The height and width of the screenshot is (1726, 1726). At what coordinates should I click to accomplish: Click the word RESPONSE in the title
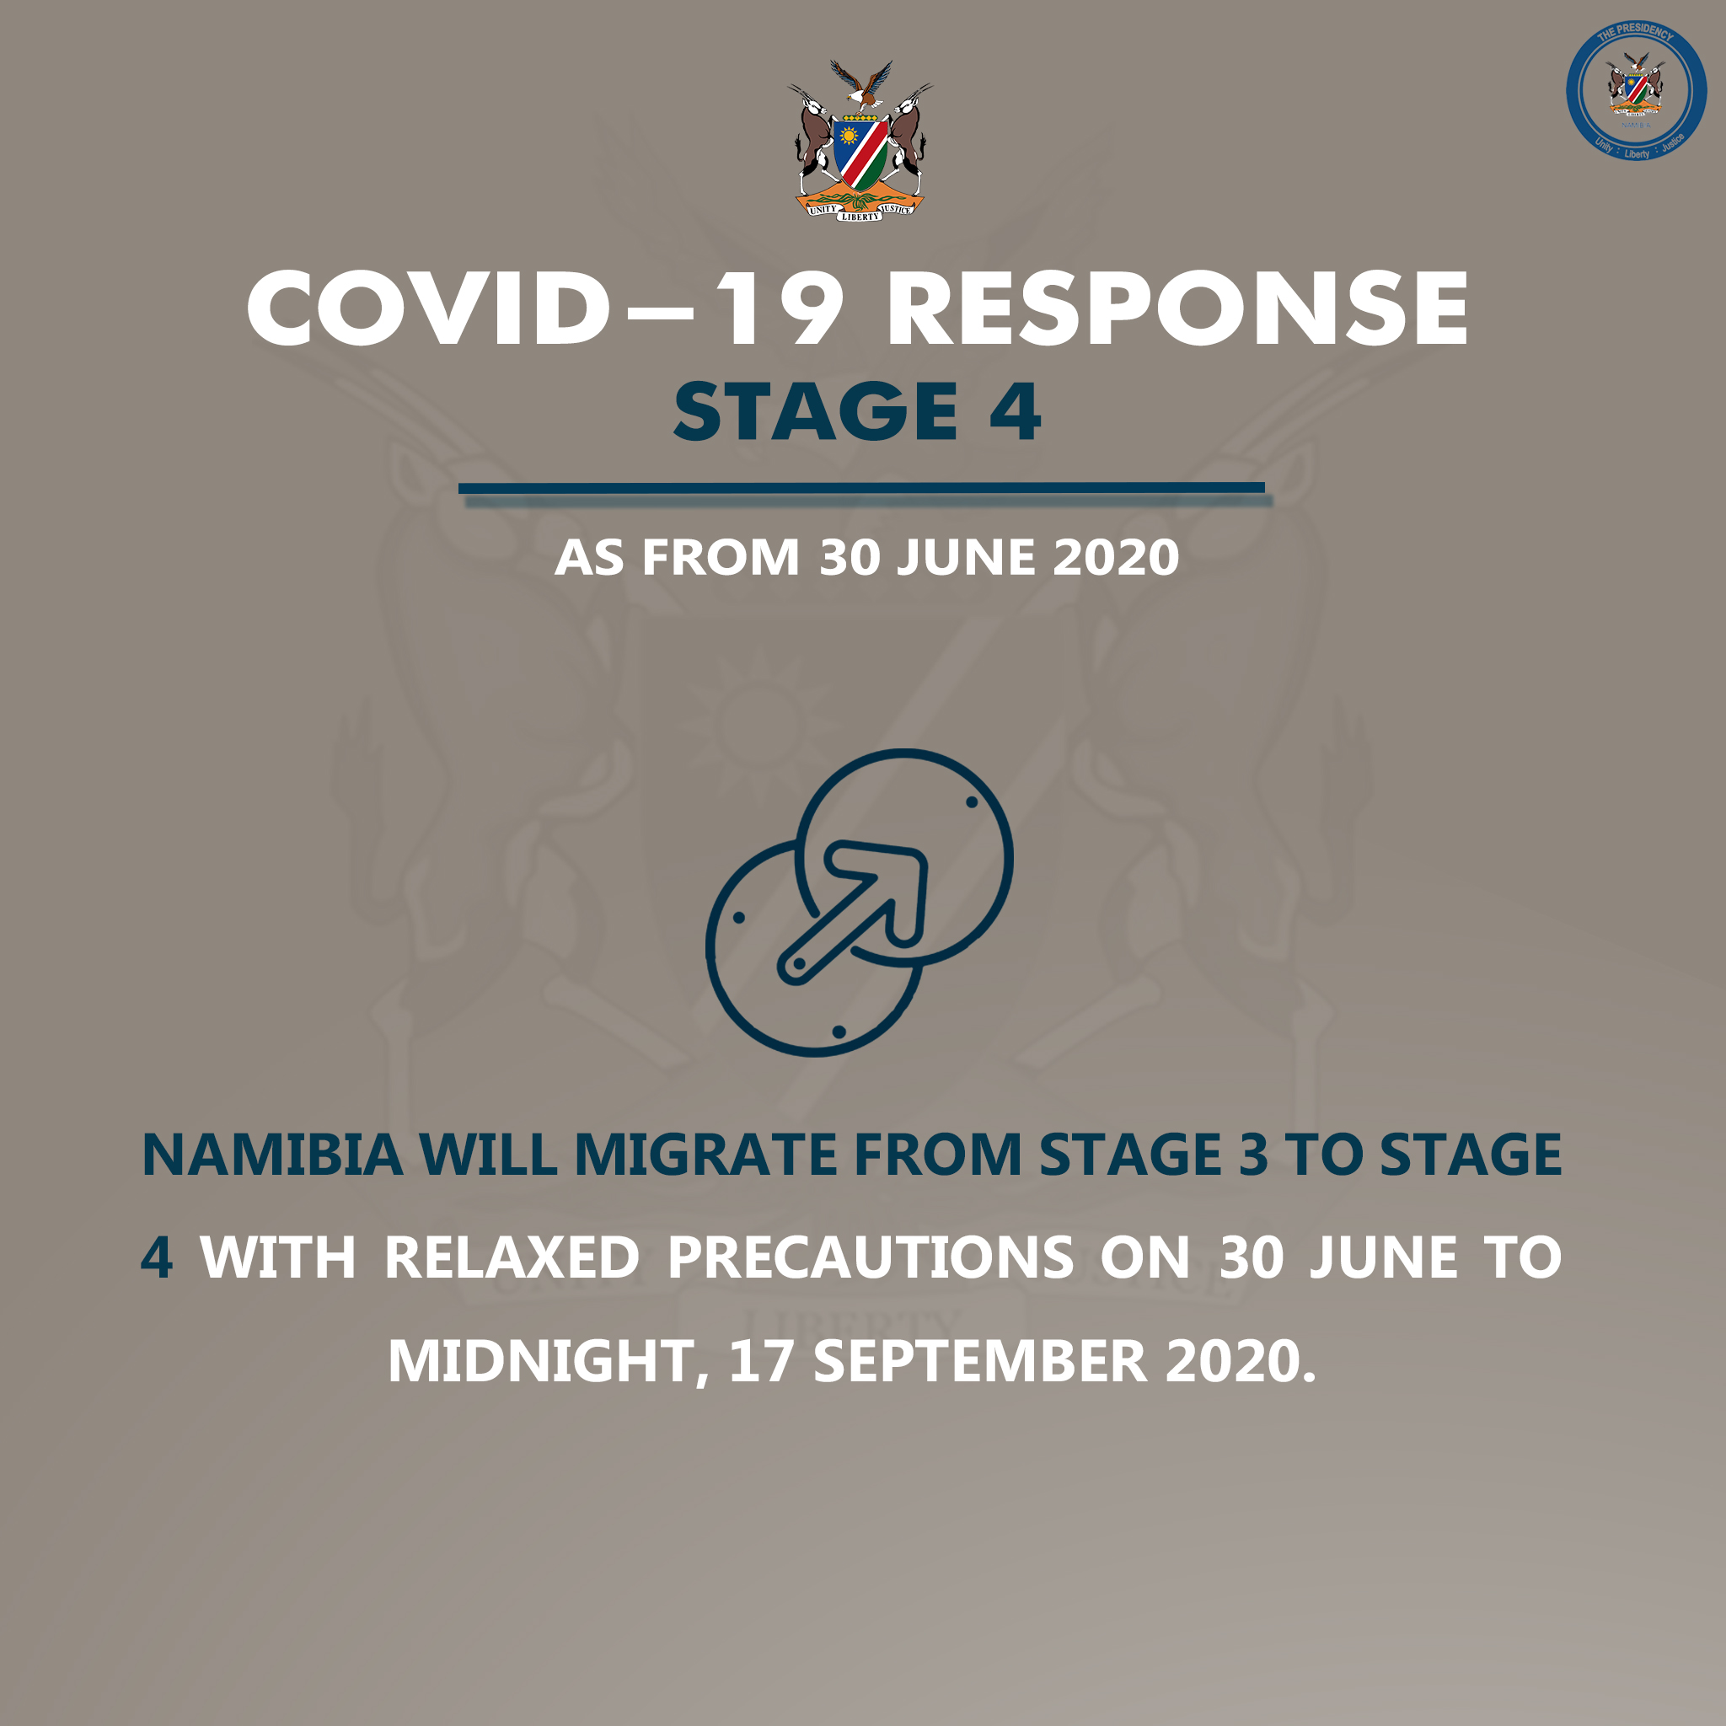click(x=1177, y=308)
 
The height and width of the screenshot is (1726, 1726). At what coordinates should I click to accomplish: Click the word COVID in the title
click(x=430, y=308)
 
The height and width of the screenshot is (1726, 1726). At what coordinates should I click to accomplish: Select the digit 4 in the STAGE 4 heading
click(x=1014, y=411)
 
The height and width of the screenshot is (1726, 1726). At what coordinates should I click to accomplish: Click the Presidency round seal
click(x=1636, y=90)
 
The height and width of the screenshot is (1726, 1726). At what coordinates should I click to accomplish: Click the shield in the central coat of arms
click(x=860, y=152)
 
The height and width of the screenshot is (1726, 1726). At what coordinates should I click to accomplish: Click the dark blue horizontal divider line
click(x=861, y=488)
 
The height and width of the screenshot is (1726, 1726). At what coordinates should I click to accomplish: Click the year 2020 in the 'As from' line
click(x=1116, y=557)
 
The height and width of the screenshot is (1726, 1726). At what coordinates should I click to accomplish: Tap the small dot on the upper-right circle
click(x=971, y=802)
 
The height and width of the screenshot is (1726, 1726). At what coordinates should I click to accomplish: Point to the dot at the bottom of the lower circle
click(x=839, y=1032)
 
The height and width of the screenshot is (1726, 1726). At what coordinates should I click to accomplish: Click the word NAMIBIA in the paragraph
click(x=272, y=1155)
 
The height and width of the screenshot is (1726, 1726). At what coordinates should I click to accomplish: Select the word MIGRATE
click(x=705, y=1155)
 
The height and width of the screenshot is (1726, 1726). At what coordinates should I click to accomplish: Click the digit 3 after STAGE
click(x=1252, y=1155)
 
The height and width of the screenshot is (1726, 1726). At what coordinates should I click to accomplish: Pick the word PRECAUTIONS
click(x=870, y=1258)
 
